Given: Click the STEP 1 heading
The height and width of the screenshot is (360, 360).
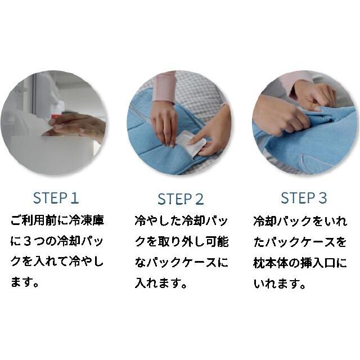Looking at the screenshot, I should click(56, 198).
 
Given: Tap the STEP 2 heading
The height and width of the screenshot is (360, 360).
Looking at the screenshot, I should click(181, 199).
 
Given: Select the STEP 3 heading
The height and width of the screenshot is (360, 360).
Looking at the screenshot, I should click(304, 198).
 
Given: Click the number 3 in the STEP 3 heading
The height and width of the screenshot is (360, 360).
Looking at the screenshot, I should click(322, 198).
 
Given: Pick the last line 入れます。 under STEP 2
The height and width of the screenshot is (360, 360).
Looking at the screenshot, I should click(161, 283).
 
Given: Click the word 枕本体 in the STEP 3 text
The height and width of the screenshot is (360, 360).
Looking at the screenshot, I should click(273, 263).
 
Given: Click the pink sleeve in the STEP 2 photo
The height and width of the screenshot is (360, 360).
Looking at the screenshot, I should click(164, 87).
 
